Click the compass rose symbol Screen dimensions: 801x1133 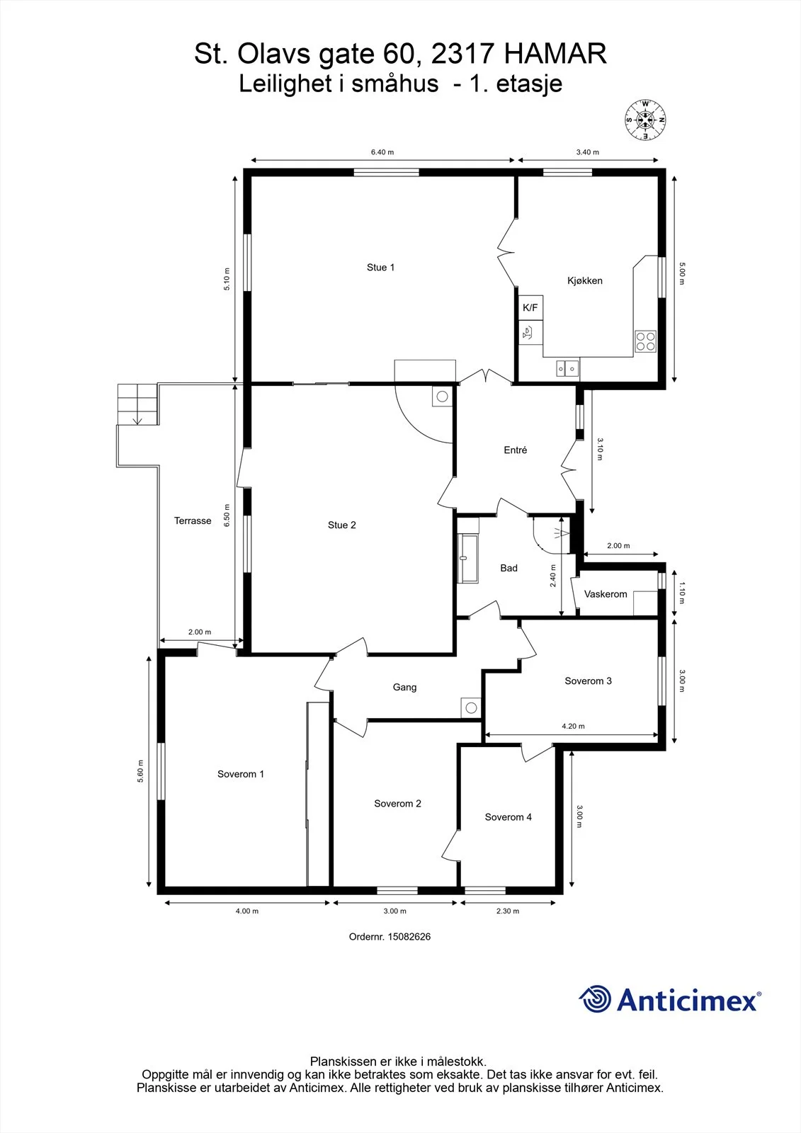point(644,120)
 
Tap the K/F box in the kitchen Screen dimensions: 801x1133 point(530,307)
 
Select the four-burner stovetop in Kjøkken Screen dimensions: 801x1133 point(646,341)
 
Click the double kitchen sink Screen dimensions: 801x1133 point(567,368)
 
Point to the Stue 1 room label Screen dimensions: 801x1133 point(380,268)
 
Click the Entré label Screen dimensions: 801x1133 point(515,450)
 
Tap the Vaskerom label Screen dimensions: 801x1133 point(606,594)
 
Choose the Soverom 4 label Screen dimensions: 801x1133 point(508,817)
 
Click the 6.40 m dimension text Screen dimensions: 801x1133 point(382,152)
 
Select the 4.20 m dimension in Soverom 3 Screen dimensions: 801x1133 point(573,726)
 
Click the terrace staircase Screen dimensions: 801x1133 point(137,404)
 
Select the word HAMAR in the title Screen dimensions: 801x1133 point(555,54)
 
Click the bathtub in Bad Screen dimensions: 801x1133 point(467,559)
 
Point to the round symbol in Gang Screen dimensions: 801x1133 point(471,707)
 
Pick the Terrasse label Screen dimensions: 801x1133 point(192,520)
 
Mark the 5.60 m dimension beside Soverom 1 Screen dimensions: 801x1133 point(140,771)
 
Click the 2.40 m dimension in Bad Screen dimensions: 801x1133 point(552,576)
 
